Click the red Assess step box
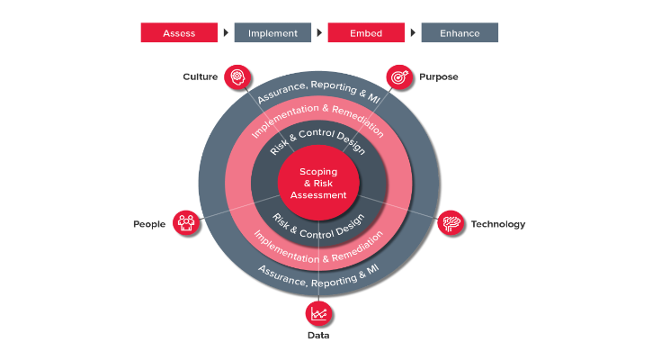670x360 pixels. click(179, 32)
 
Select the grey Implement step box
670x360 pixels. click(272, 32)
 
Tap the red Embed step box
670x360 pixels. click(366, 32)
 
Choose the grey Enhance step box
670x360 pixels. click(460, 32)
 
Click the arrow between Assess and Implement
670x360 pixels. click(226, 32)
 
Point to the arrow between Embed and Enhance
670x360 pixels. click(413, 32)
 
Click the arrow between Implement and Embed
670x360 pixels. click(319, 32)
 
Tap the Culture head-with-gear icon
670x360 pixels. click(237, 77)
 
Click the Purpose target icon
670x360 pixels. click(399, 77)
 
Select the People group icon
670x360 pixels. click(186, 222)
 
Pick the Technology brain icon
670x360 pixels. click(451, 222)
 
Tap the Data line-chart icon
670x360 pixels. click(318, 313)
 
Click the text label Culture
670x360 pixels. click(200, 77)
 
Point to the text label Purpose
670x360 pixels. click(438, 77)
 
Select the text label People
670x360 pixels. click(149, 224)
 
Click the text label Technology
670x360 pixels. click(498, 224)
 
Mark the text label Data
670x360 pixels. click(318, 335)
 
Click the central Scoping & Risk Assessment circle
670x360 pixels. click(318, 183)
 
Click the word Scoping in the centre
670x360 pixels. click(318, 172)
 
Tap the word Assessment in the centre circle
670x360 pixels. click(318, 195)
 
